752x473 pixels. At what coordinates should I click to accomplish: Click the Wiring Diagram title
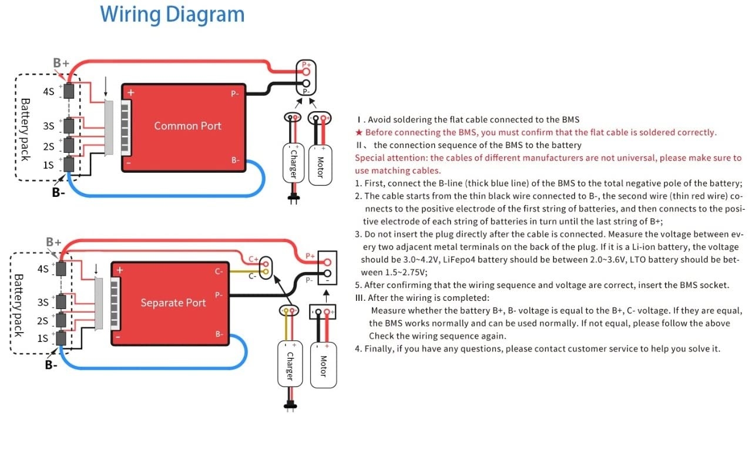coord(172,14)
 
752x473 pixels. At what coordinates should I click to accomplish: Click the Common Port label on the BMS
coord(187,126)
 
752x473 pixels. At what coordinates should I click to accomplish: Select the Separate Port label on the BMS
coord(173,303)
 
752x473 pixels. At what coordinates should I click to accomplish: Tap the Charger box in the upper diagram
coord(293,163)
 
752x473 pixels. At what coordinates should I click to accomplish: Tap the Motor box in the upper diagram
coord(320,163)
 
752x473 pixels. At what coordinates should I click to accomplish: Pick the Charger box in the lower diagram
coord(289,365)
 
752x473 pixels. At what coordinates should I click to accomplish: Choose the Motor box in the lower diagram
coord(323,365)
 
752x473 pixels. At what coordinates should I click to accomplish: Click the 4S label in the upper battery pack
coord(48,92)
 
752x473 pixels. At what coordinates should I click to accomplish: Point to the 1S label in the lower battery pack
coord(43,338)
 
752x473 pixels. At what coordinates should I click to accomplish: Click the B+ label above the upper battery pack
coord(61,63)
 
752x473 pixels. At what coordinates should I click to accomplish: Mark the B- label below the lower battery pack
coord(52,365)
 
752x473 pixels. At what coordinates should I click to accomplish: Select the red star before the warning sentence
coord(359,133)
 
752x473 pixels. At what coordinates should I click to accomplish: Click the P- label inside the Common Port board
coord(234,93)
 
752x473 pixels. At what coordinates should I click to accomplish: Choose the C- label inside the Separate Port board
coord(219,271)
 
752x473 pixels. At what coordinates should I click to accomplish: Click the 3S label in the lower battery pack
coord(43,302)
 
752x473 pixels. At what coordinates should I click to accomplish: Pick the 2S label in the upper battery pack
coord(48,146)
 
